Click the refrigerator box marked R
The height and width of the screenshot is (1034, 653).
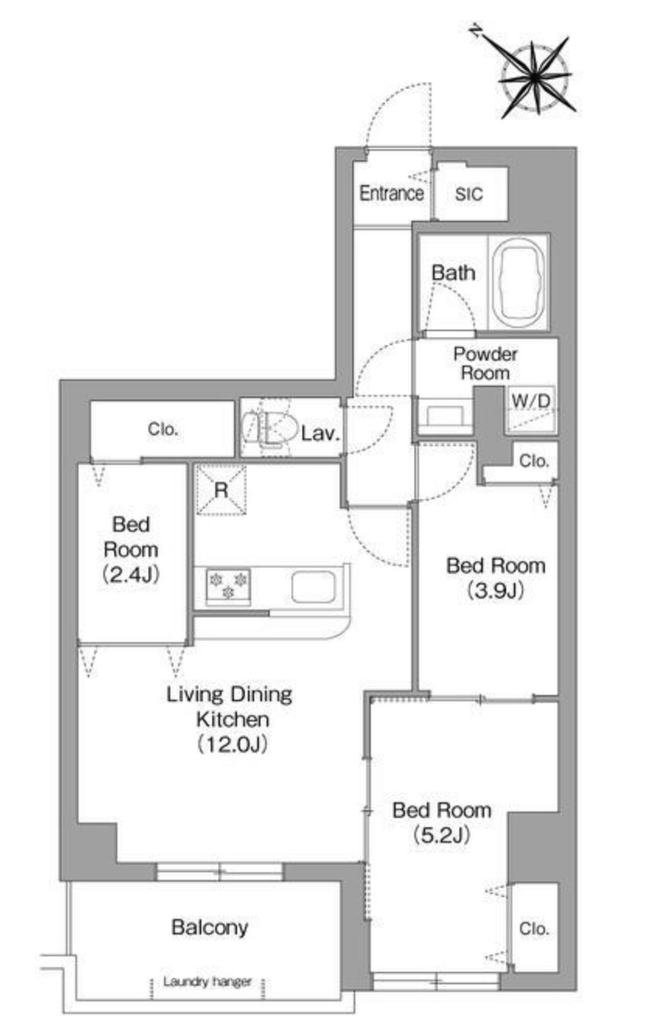(x=221, y=489)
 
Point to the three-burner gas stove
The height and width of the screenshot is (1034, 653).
(x=228, y=585)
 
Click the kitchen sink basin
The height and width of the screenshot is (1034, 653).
(x=313, y=587)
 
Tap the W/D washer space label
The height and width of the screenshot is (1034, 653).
(x=532, y=401)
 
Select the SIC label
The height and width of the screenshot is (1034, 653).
(x=469, y=194)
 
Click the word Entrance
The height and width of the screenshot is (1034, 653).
(x=391, y=194)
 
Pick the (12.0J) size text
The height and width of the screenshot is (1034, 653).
(x=232, y=744)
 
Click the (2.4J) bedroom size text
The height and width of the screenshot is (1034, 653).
(x=131, y=575)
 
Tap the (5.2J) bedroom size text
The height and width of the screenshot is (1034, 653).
(x=442, y=835)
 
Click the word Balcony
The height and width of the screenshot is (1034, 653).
(x=210, y=927)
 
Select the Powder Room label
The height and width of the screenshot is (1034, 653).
(x=485, y=363)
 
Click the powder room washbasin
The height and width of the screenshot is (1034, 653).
(x=445, y=415)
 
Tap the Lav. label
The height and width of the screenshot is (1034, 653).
(x=320, y=434)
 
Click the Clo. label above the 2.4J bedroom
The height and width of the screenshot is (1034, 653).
(x=163, y=429)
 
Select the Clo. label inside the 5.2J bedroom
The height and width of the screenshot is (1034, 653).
(x=534, y=929)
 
